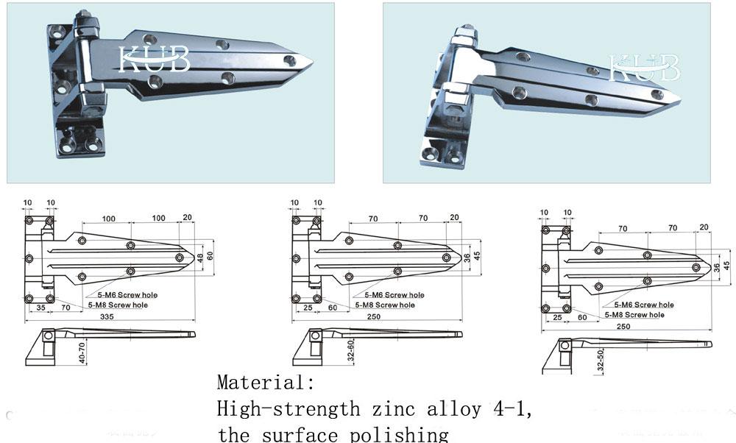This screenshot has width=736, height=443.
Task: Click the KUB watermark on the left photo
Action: click(155, 60)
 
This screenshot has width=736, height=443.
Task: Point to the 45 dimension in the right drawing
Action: click(726, 265)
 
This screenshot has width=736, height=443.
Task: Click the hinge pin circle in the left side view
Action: click(49, 336)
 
